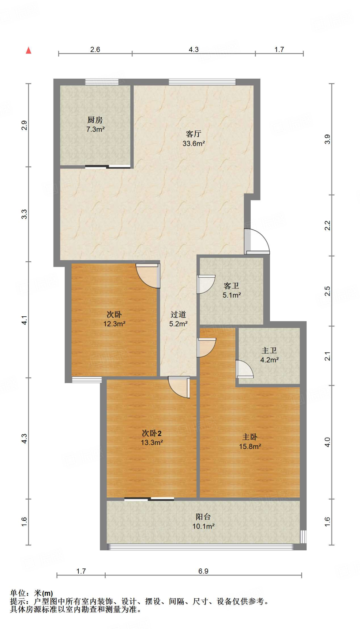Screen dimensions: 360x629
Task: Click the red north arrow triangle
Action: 29,50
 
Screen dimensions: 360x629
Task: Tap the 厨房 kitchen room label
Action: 95,120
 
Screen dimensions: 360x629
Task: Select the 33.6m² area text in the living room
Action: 194,143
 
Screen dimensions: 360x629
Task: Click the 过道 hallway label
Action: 178,314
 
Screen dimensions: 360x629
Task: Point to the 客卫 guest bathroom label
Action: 232,286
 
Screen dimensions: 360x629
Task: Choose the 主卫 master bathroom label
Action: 269,350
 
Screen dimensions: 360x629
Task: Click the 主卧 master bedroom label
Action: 250,437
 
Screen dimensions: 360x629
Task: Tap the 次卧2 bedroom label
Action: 152,433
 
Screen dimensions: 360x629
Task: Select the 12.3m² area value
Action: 114,324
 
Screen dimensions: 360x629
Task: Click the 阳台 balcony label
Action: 203,517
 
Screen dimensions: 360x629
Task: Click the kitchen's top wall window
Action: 102,82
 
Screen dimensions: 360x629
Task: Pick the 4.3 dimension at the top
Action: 194,49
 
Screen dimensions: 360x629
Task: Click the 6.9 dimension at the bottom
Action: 203,571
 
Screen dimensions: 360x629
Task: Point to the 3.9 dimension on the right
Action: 327,139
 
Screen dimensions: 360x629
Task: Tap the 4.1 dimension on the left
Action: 24,320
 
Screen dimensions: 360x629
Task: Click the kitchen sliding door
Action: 108,167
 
